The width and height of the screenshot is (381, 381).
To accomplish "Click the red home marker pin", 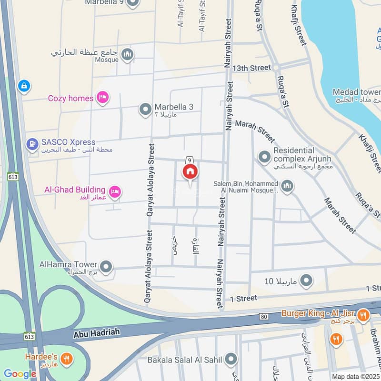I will (190, 172).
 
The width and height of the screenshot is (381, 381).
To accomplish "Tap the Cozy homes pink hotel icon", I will (101, 98).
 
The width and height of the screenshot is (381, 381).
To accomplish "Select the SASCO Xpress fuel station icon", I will (32, 142).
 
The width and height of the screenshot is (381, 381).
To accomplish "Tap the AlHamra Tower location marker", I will (106, 266).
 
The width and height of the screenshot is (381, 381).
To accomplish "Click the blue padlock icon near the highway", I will (23, 86).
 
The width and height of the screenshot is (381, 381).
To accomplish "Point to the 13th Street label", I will (251, 68).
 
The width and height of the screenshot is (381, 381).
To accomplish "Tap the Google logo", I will (20, 374).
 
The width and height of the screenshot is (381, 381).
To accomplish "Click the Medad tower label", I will (356, 92).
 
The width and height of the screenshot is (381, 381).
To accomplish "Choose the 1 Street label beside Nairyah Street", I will (243, 298).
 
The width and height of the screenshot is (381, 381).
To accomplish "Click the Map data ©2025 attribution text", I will (355, 376).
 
